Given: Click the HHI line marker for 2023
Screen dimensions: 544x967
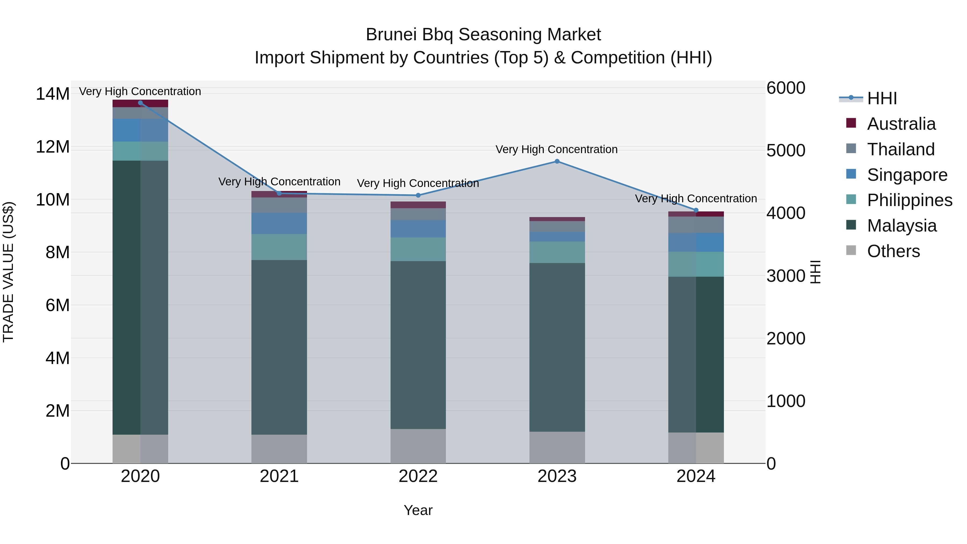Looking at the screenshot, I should click(x=557, y=161).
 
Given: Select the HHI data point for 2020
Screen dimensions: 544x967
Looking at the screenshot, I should click(x=140, y=103).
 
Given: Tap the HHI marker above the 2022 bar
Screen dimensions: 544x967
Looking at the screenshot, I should click(x=418, y=195).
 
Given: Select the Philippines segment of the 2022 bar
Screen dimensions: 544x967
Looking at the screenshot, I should click(x=418, y=249).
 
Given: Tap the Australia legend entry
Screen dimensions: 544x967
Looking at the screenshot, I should click(x=901, y=124).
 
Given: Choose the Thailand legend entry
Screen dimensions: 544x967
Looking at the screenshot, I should click(x=900, y=149).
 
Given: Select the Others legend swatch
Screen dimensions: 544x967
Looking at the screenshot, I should click(x=851, y=250).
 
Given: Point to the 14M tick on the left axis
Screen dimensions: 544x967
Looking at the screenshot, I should click(x=53, y=94).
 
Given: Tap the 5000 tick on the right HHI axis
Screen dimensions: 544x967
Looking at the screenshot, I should click(x=786, y=150).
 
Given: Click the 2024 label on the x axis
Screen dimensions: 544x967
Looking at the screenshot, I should click(x=696, y=476).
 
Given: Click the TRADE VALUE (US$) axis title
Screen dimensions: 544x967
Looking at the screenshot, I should click(x=8, y=272).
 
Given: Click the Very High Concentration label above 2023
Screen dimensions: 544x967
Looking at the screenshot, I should click(x=556, y=149).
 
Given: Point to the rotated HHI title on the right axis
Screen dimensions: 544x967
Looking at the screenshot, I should click(x=815, y=272).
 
